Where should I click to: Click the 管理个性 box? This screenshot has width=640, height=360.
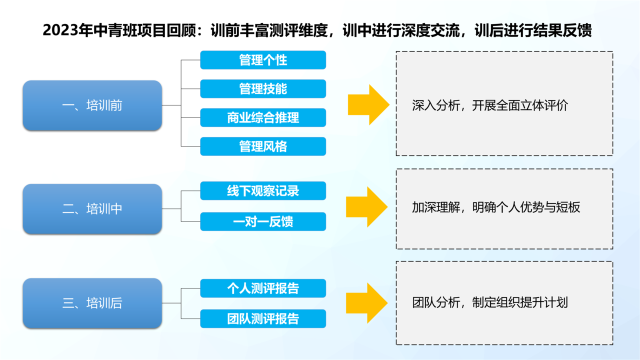pyautogui.click(x=263, y=60)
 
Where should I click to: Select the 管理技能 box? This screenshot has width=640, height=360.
pyautogui.click(x=263, y=89)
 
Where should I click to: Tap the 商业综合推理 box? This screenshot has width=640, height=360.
pyautogui.click(x=263, y=117)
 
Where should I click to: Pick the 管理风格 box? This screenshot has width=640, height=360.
pyautogui.click(x=263, y=146)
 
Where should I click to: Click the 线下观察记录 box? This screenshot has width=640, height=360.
pyautogui.click(x=263, y=191)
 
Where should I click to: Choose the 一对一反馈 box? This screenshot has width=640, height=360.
pyautogui.click(x=263, y=221)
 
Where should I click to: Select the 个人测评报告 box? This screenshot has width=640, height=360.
pyautogui.click(x=263, y=288)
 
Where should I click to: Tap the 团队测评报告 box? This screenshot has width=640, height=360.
pyautogui.click(x=263, y=319)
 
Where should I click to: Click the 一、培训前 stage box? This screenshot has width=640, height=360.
pyautogui.click(x=92, y=105)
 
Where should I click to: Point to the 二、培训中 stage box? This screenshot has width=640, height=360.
pyautogui.click(x=92, y=209)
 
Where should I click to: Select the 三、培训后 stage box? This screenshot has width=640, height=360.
pyautogui.click(x=92, y=303)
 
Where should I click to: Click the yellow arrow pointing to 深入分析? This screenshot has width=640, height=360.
pyautogui.click(x=368, y=105)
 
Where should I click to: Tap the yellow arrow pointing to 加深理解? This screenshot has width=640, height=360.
pyautogui.click(x=367, y=207)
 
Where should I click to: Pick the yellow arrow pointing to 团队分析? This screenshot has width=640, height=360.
pyautogui.click(x=367, y=303)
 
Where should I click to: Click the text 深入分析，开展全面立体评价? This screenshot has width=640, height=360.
pyautogui.click(x=490, y=105)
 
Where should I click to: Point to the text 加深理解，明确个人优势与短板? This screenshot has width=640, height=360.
pyautogui.click(x=496, y=207)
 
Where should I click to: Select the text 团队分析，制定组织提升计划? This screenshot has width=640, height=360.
pyautogui.click(x=490, y=302)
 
